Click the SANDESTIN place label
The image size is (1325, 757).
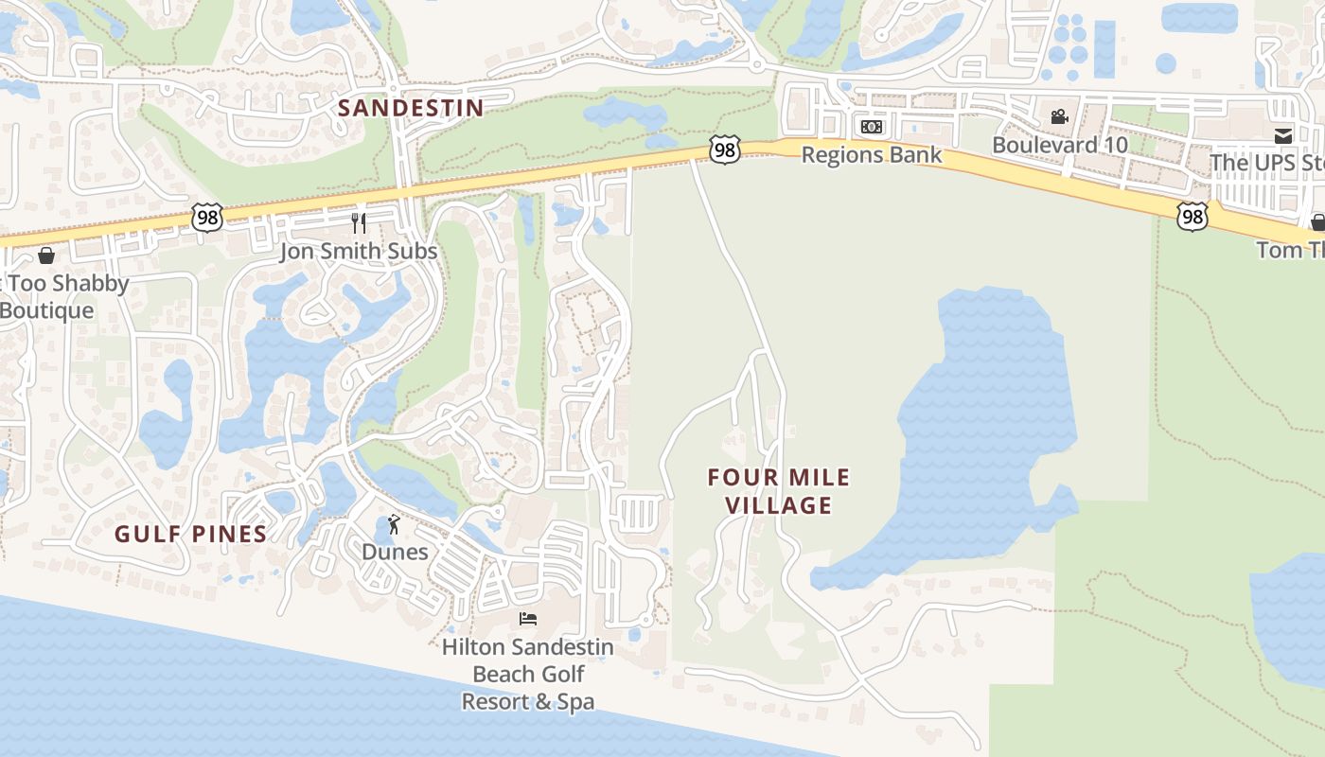411,108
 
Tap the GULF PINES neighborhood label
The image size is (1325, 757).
191,535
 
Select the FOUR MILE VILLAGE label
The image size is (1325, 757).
779,491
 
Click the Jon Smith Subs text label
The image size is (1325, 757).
359,251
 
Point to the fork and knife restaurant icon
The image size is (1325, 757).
359,223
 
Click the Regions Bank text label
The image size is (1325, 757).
872,154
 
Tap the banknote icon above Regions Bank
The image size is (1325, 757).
872,127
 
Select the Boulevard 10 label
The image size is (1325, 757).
1060,145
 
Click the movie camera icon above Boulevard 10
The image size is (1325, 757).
1060,116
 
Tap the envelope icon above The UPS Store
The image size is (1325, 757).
1283,135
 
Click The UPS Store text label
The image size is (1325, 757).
1267,163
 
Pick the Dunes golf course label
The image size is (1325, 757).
395,552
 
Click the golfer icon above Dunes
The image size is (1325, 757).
395,524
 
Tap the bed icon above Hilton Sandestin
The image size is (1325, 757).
528,619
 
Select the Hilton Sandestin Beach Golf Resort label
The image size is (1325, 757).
528,674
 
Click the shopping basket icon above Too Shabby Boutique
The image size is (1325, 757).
45,255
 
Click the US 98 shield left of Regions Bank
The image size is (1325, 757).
724,150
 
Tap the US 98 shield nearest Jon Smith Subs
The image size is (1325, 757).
206,217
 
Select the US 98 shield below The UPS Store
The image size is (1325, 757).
1193,217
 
